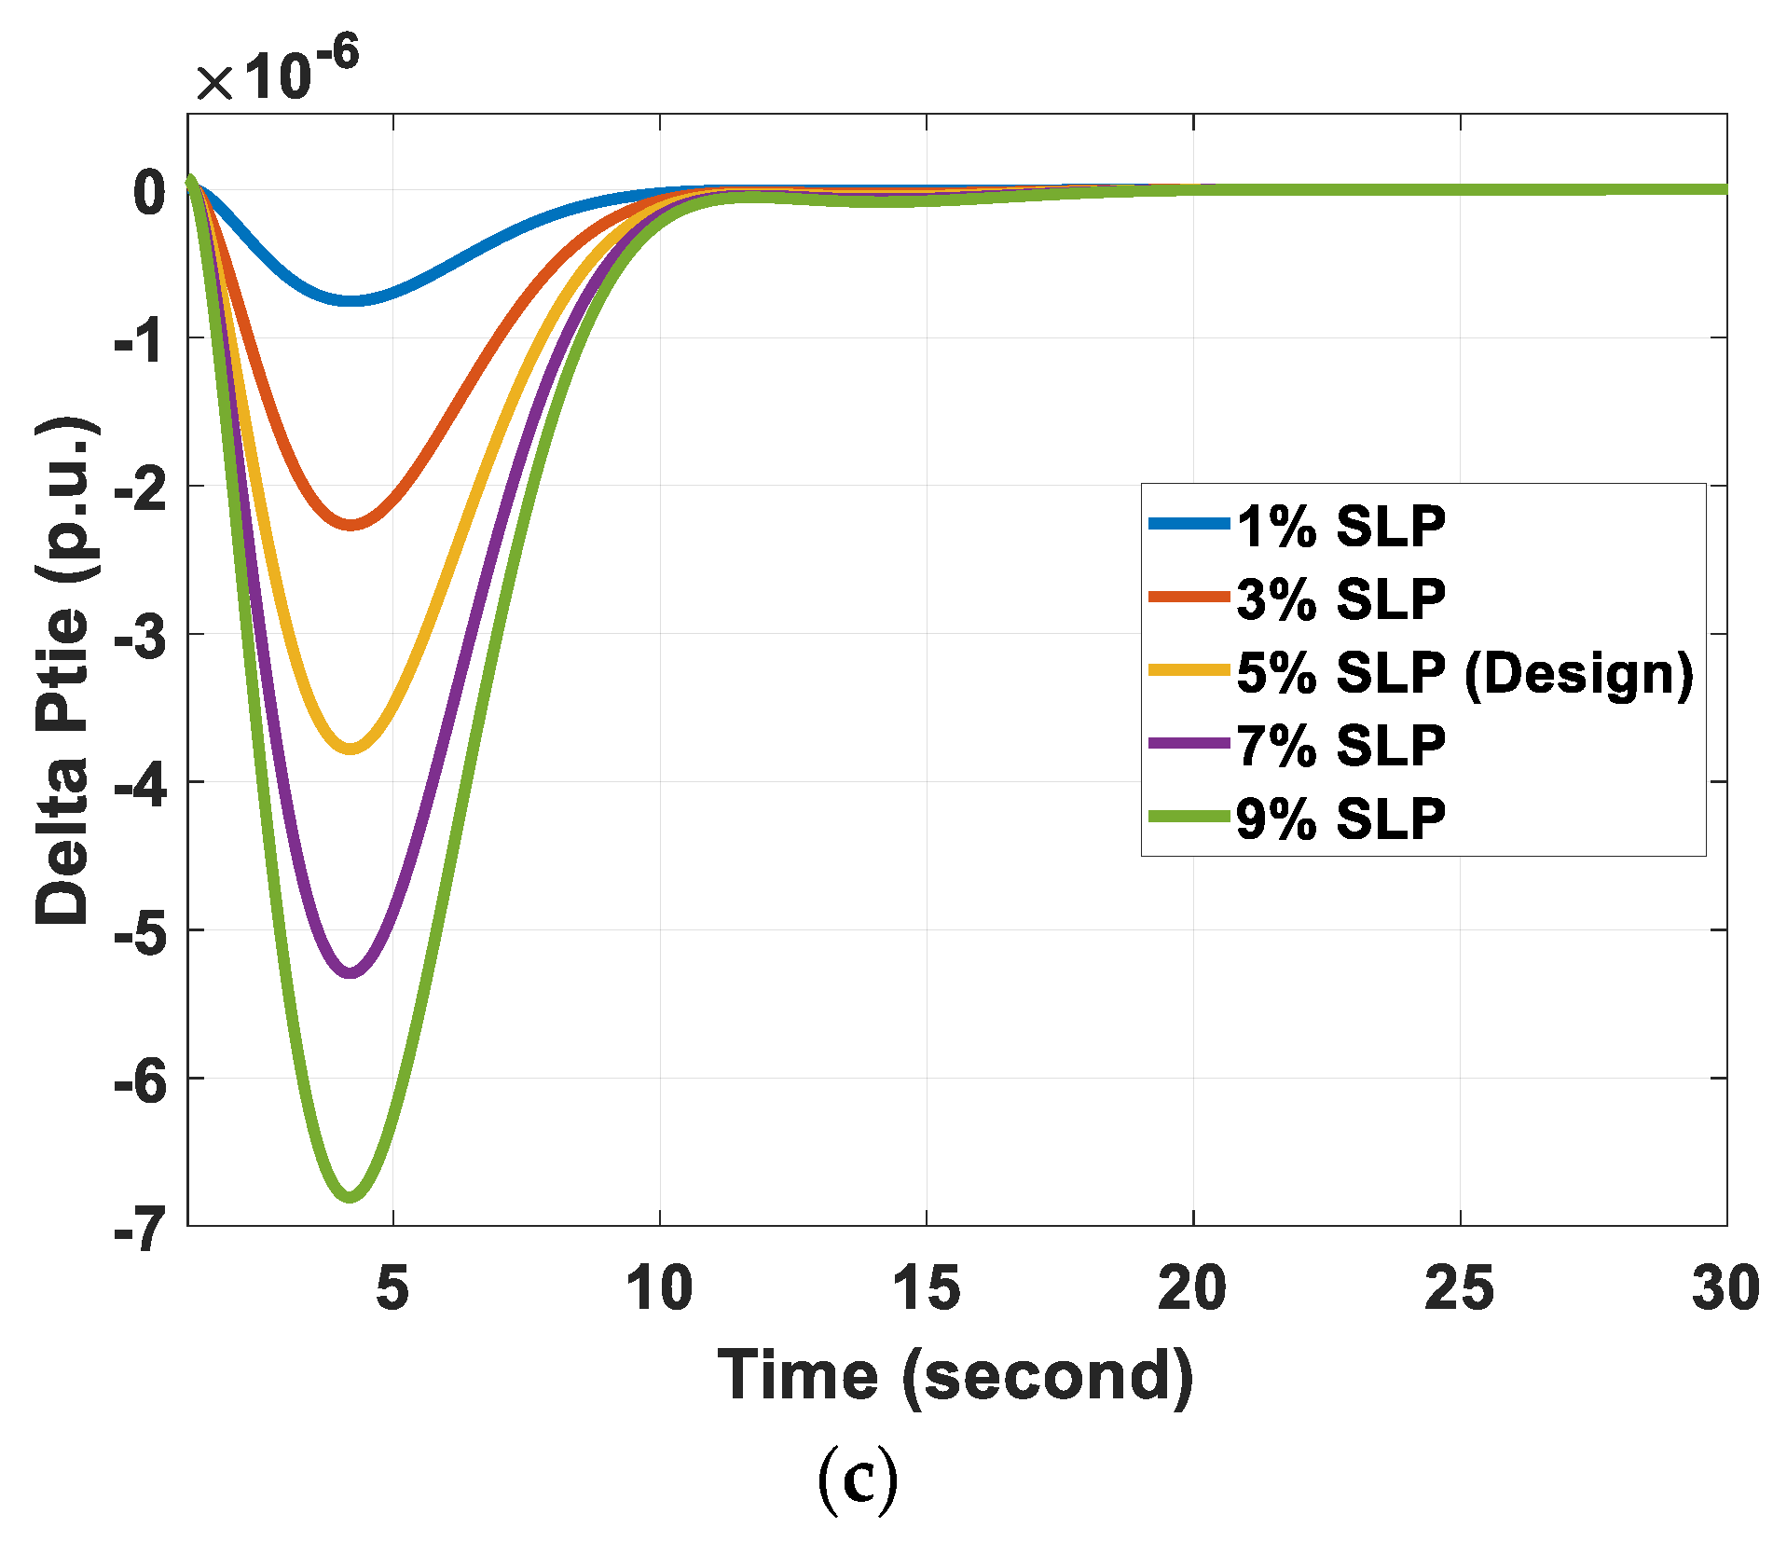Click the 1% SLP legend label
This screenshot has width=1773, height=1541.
coord(1340,527)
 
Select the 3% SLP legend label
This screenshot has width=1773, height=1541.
coord(1340,599)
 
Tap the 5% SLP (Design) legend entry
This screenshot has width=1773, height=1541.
coord(1464,672)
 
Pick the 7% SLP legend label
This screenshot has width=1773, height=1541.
coord(1340,746)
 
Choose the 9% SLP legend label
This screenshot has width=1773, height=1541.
coord(1340,819)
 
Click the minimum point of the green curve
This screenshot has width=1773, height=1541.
coord(350,1196)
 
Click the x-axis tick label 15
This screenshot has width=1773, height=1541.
coord(926,1288)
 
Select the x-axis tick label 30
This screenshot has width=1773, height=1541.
coord(1725,1288)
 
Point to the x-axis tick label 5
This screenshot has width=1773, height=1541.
coord(392,1288)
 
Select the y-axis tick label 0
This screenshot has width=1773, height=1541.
coord(149,193)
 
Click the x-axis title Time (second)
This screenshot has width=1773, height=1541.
coord(955,1376)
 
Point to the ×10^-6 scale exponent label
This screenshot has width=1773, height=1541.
coord(277,73)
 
